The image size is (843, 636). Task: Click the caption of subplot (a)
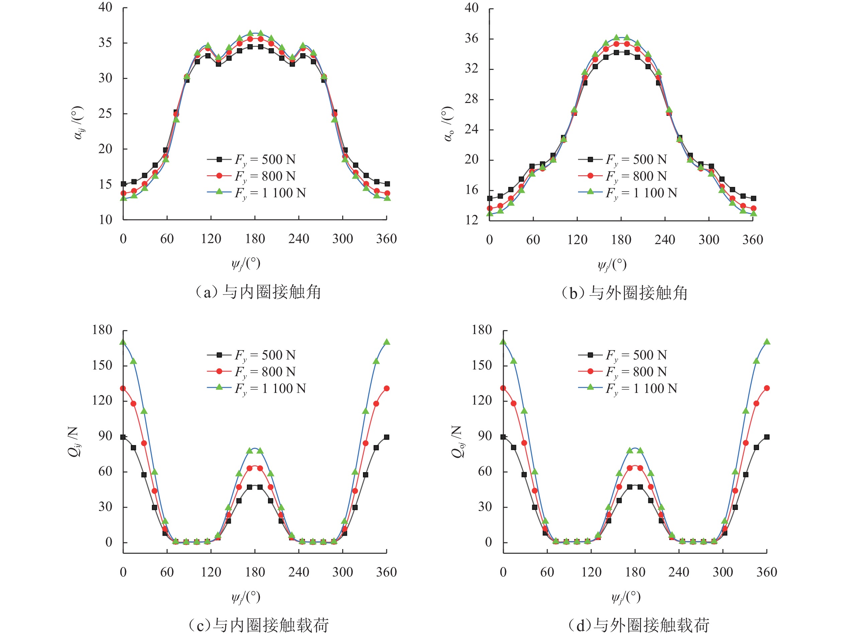point(258,292)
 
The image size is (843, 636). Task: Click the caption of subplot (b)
point(625,293)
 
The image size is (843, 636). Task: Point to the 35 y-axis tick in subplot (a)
point(105,43)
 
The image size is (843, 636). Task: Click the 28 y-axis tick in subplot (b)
point(471,99)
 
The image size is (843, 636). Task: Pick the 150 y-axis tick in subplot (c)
point(102,365)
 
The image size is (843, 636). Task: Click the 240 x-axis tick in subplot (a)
point(299,239)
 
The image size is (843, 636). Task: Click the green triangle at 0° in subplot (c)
point(123,342)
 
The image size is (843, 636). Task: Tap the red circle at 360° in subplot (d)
point(767,388)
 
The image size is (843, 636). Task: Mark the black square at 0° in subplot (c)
point(123,437)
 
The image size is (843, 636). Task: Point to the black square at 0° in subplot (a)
point(123,184)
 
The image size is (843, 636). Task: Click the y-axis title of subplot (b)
point(448,124)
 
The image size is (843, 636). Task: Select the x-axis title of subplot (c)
point(246,597)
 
